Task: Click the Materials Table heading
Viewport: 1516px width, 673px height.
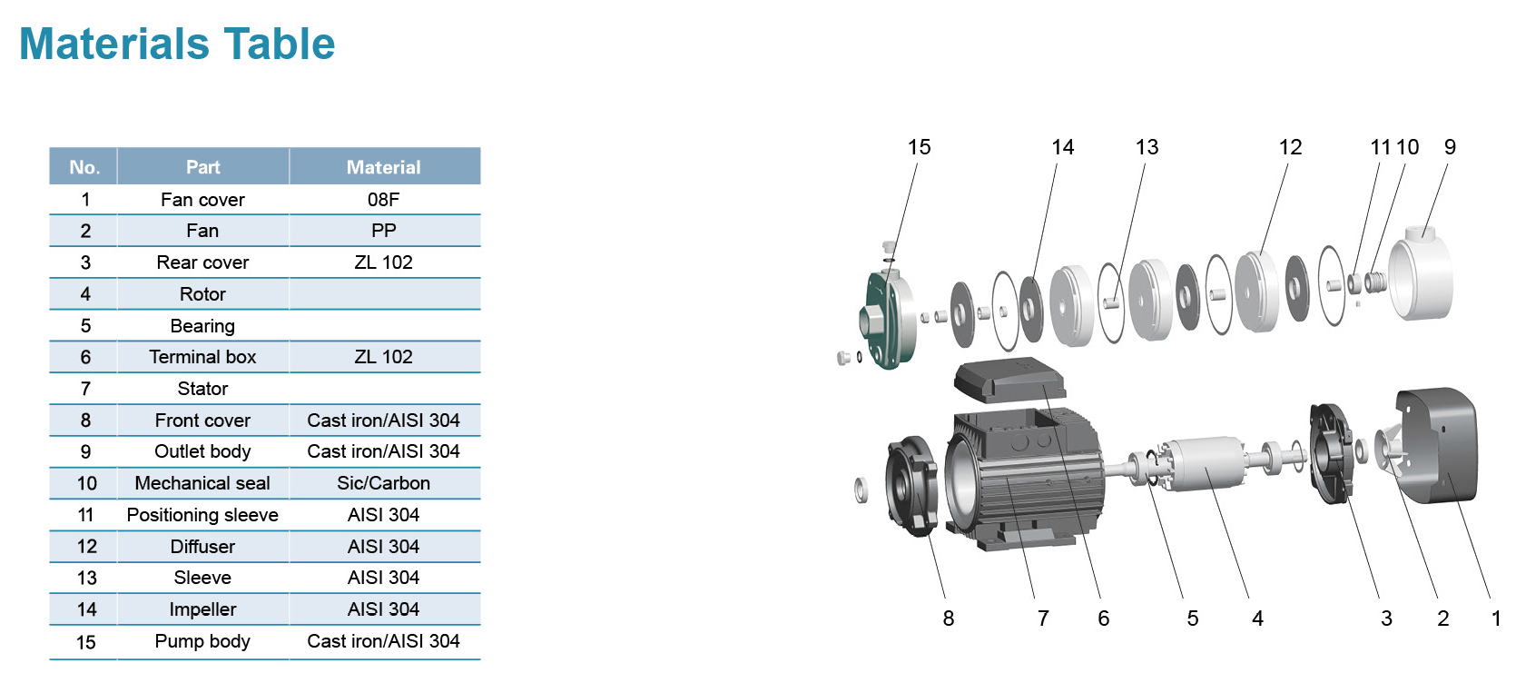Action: (177, 44)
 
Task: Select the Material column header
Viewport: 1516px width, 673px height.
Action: (384, 167)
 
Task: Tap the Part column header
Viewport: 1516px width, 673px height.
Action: (202, 167)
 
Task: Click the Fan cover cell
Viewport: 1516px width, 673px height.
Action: (202, 200)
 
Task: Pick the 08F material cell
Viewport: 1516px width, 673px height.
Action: (383, 200)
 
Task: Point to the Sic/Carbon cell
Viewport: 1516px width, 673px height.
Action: (383, 483)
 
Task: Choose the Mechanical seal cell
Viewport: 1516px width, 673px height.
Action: (202, 483)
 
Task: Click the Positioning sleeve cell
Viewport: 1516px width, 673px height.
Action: (202, 515)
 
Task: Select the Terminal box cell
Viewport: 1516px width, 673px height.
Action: (202, 357)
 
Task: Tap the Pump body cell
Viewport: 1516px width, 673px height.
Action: (202, 641)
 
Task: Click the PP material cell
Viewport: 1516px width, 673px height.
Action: (383, 231)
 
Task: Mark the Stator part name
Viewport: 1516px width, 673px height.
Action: (202, 389)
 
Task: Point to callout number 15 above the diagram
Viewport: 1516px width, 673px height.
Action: (919, 147)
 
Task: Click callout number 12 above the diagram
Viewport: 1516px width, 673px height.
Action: (1290, 147)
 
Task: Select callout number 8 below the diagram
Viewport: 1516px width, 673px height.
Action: (949, 619)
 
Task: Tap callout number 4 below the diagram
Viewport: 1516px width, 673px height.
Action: (1257, 619)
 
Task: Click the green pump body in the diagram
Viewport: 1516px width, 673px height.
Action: (886, 318)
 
